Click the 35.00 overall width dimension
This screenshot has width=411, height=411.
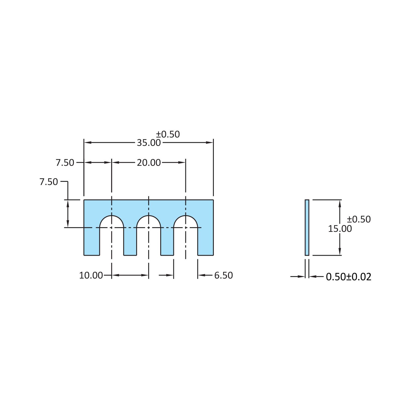[149, 142]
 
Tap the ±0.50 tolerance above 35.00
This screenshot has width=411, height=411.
[168, 134]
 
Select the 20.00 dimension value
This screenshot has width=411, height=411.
[149, 163]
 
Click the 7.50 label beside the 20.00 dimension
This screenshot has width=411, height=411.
[65, 163]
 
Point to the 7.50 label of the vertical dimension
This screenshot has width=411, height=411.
[49, 182]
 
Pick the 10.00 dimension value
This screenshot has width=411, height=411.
[91, 275]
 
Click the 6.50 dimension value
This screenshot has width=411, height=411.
[223, 275]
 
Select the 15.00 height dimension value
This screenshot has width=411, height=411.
[340, 229]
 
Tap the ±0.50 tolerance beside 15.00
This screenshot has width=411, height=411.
[359, 219]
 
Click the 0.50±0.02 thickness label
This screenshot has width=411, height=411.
[349, 277]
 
